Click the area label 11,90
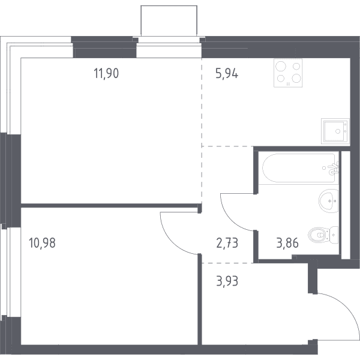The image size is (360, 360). [x=106, y=73]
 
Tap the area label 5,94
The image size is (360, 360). [x=227, y=73]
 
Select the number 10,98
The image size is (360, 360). [x=42, y=243]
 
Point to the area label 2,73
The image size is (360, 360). [x=227, y=243]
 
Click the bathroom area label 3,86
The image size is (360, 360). [x=287, y=243]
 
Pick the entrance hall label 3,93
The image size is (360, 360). [x=227, y=281]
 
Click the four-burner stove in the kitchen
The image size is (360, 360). [x=288, y=73]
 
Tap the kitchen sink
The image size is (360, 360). [x=335, y=131]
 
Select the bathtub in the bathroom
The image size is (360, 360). [x=299, y=168]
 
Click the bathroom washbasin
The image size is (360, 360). [x=329, y=201]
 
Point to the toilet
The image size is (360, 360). [x=323, y=235]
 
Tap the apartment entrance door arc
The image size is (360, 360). [x=346, y=306]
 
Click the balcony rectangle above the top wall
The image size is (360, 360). [x=169, y=21]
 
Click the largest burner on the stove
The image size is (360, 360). [x=281, y=67]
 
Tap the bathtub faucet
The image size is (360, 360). [x=334, y=168]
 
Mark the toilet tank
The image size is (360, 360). [x=334, y=235]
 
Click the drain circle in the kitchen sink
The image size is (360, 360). [x=338, y=131]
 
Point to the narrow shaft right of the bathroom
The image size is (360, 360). [x=346, y=205]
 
